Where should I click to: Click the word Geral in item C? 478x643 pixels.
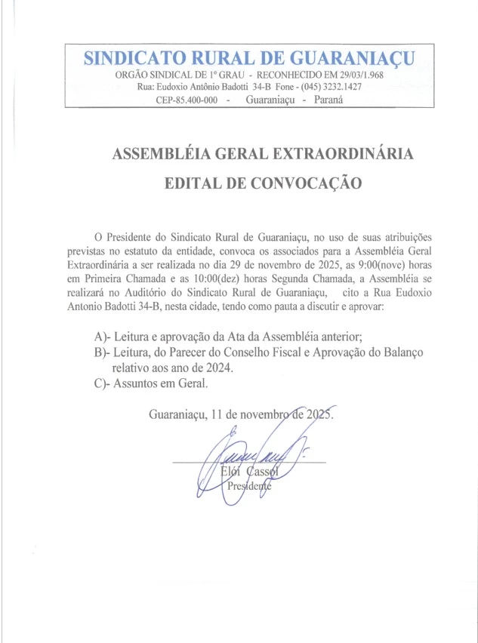click(x=190, y=383)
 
